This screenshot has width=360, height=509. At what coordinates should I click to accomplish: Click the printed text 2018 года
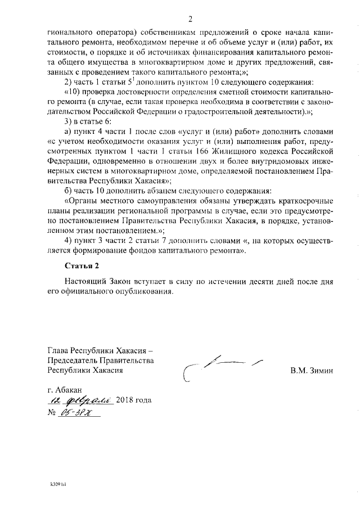point(134,401)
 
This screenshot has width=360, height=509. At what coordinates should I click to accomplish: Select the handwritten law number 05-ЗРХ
point(79,413)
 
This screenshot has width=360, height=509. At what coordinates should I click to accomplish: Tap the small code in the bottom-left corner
point(56,484)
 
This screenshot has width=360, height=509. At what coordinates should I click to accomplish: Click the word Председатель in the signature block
point(82,361)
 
